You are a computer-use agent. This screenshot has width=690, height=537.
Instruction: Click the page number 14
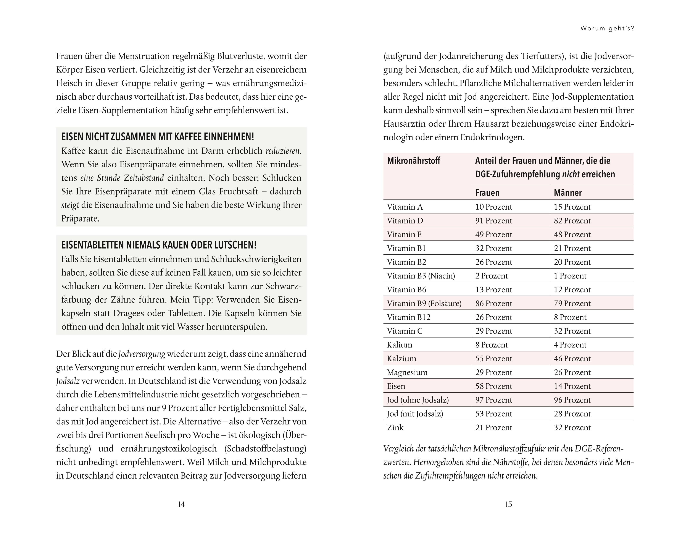pyautogui.click(x=181, y=504)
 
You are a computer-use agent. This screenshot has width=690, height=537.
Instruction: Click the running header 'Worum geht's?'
pyautogui.click(x=607, y=28)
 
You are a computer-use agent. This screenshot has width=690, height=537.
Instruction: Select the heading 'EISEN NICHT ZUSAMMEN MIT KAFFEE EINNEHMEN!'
pyautogui.click(x=158, y=137)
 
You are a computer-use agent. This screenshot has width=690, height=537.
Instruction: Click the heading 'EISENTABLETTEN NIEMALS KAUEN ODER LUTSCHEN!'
pyautogui.click(x=159, y=245)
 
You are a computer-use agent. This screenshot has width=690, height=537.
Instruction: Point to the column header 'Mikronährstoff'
pyautogui.click(x=414, y=161)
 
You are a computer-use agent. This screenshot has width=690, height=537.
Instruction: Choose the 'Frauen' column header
pyautogui.click(x=487, y=192)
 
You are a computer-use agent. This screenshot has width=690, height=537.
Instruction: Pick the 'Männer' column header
pyautogui.click(x=568, y=192)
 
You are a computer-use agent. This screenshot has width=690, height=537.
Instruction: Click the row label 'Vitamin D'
pyautogui.click(x=405, y=221)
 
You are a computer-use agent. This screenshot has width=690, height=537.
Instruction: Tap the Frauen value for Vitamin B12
pyautogui.click(x=493, y=317)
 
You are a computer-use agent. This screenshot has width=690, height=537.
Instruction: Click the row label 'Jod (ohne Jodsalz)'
pyautogui.click(x=418, y=400)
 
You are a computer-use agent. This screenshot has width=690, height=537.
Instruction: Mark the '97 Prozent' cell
pyautogui.click(x=493, y=400)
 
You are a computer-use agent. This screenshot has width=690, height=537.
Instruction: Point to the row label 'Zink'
pyautogui.click(x=395, y=428)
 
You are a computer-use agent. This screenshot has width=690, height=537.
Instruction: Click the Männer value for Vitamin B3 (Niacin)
pyautogui.click(x=570, y=276)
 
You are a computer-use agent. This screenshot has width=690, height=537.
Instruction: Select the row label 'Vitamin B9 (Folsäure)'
pyautogui.click(x=424, y=303)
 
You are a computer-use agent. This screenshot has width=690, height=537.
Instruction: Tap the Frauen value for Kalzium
pyautogui.click(x=493, y=359)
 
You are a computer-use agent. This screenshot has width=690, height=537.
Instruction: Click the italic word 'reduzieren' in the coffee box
pyautogui.click(x=282, y=151)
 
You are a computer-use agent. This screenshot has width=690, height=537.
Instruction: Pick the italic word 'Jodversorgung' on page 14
pyautogui.click(x=142, y=354)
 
